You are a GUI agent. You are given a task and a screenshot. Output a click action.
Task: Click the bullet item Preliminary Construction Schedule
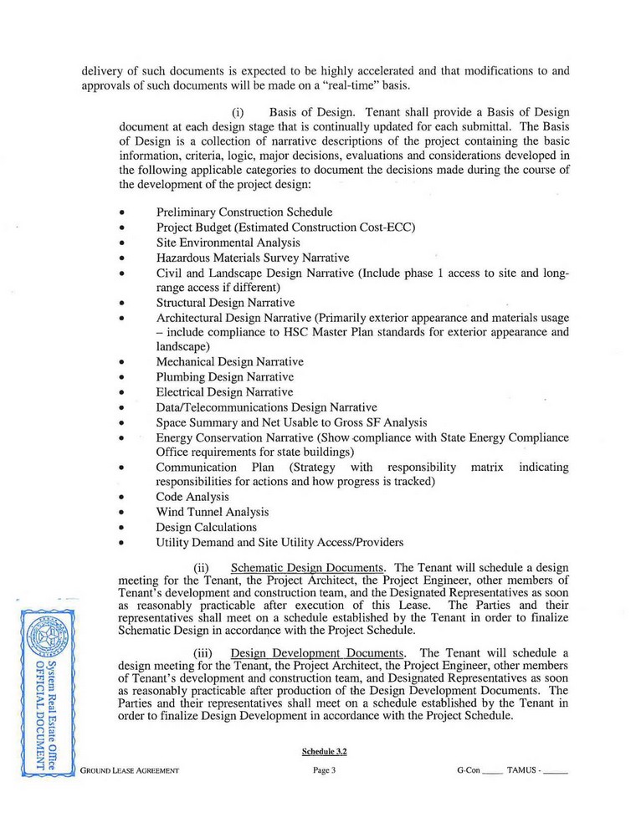click(244, 212)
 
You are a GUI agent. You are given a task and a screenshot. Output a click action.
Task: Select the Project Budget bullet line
click(286, 227)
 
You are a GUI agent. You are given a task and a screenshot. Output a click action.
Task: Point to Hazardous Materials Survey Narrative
click(253, 258)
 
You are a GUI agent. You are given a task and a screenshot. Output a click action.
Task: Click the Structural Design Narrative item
click(225, 302)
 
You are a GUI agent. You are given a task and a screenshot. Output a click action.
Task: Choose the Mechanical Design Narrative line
click(229, 362)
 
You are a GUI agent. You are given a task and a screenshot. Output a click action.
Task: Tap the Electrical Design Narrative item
click(224, 392)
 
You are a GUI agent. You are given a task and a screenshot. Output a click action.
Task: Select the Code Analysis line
click(192, 497)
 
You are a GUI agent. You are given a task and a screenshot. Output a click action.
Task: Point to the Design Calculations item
click(206, 527)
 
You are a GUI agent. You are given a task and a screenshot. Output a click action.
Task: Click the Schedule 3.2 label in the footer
click(325, 751)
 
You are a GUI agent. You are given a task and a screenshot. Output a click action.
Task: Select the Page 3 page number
click(325, 769)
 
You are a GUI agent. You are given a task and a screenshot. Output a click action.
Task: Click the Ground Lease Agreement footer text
click(130, 769)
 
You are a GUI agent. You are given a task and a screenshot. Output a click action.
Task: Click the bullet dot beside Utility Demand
click(123, 543)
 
